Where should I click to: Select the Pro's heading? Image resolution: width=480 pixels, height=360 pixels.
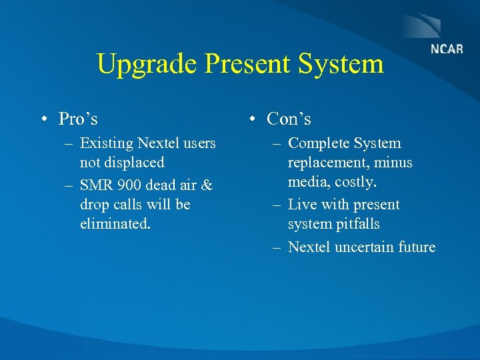point(78,119)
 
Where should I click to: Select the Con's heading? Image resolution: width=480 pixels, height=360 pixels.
point(289,119)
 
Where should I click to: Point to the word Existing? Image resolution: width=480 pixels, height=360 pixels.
point(105,143)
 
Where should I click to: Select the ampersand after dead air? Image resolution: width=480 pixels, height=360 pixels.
point(206,184)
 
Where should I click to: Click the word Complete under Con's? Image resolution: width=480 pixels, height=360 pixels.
point(318,143)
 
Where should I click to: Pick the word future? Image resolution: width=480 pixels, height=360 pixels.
point(417,247)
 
